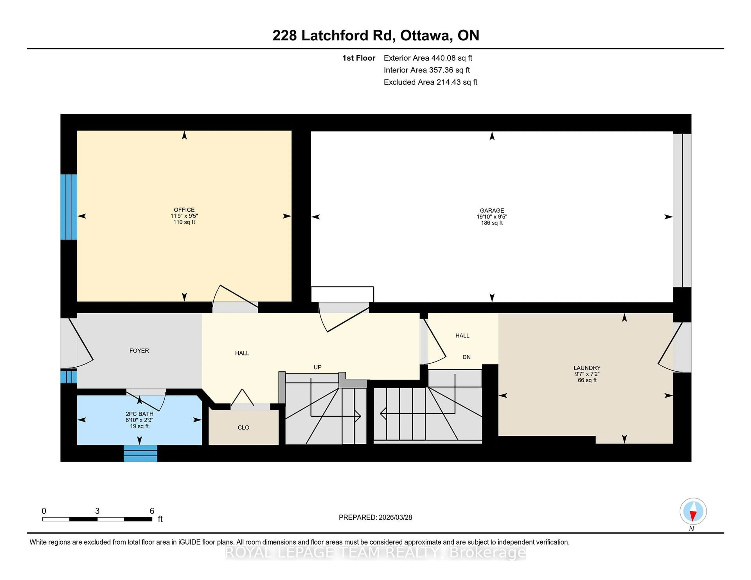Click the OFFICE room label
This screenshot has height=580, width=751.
[184, 210]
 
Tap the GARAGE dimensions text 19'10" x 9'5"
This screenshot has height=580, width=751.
[492, 217]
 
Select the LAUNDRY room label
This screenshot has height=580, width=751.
[587, 368]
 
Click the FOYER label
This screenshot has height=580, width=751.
[139, 350]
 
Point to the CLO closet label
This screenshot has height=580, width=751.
[243, 427]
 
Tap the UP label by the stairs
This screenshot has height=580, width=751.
[317, 367]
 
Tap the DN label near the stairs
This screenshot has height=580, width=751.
[466, 357]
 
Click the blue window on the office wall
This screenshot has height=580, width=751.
[68, 207]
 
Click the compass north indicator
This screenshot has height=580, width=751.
[693, 511]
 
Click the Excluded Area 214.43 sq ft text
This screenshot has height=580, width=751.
[430, 82]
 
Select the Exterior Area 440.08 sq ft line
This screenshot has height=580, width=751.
[428, 58]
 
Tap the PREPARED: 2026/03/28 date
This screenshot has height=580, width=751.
[375, 517]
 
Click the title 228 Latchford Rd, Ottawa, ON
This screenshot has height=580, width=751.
[375, 35]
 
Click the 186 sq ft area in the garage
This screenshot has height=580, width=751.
[492, 223]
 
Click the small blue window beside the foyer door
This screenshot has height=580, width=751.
[68, 376]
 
